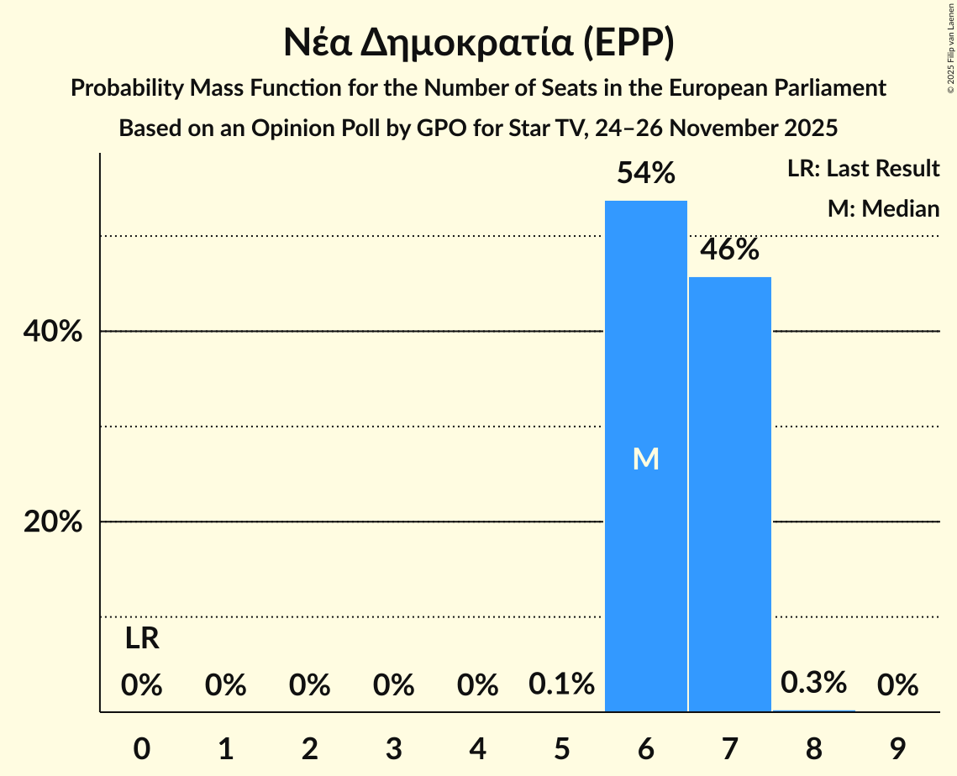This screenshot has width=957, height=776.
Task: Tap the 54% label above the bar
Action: coord(645,174)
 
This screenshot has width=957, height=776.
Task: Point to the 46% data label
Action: coord(729,249)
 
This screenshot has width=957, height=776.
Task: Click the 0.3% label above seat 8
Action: coord(813,683)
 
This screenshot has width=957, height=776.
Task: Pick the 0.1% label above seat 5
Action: coord(561,685)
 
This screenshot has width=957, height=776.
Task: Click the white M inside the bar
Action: coord(645,459)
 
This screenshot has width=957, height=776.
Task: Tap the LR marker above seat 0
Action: coord(142,639)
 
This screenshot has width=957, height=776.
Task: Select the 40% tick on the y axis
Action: coord(52,332)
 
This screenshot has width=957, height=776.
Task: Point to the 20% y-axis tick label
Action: coord(52,522)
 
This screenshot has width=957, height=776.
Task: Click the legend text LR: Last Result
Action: coord(863,169)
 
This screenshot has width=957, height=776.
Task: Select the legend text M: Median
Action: coord(883,208)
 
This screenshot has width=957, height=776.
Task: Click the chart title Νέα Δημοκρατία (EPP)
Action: coord(478,44)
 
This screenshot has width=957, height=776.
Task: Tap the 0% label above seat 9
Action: coord(897,686)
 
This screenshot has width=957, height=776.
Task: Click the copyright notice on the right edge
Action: coord(950,58)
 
